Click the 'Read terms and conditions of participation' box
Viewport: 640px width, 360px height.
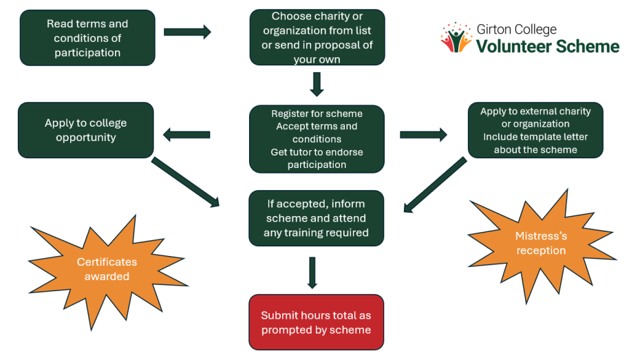point(87,38)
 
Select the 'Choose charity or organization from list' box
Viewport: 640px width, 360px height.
point(317,38)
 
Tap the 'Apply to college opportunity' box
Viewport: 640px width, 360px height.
point(86,130)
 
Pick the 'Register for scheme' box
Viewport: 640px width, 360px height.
point(317,138)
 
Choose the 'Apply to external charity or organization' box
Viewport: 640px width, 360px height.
point(535,130)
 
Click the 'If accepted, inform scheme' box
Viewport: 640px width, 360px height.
point(317,218)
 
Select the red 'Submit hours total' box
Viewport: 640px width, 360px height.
point(317,322)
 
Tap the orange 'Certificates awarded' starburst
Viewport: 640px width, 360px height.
point(107,269)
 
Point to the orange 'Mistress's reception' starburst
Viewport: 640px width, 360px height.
point(541,243)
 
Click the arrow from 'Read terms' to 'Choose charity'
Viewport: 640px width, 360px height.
point(187,32)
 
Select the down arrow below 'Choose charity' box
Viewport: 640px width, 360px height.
point(317,84)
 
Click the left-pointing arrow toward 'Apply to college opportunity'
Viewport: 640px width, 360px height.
point(186,135)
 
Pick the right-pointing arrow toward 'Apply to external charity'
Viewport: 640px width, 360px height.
point(423,135)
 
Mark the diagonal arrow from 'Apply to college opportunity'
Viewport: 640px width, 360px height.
point(184,182)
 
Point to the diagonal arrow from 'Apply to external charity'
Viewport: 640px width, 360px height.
point(435,184)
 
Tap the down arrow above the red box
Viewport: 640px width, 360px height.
point(312,273)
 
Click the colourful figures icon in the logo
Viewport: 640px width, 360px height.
point(456,38)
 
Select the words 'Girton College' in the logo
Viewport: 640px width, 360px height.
point(516,30)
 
